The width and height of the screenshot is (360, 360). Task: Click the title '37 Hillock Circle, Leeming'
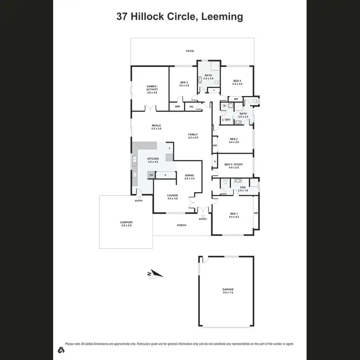coord(180,17)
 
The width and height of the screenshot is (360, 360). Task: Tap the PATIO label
coord(191,50)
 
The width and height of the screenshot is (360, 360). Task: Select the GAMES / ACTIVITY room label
coord(152,88)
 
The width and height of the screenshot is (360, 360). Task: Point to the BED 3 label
coord(184,82)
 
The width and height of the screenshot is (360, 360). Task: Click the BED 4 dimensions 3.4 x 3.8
coord(237,84)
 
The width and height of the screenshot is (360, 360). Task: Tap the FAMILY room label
coord(193,135)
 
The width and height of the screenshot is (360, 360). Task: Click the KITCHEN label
coord(153,158)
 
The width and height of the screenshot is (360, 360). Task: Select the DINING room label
coord(190,175)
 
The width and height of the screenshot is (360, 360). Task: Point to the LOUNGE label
coord(172,195)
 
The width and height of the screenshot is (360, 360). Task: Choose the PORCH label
coord(181,225)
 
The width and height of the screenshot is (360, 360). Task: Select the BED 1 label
coord(234,214)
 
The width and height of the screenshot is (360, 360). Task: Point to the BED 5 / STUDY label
coord(234,165)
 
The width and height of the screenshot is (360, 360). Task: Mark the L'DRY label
coord(226,120)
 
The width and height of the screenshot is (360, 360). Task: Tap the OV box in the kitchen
coord(151,175)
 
